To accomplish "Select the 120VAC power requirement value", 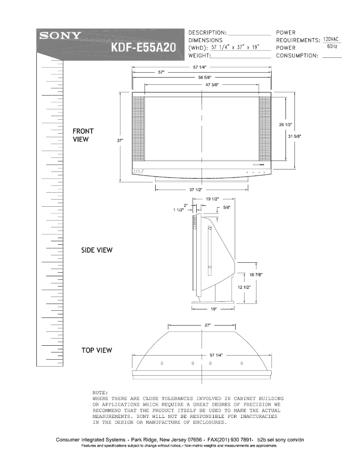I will (x=330, y=39).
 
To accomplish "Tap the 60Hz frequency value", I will (x=332, y=47).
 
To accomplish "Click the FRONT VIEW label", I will (x=83, y=135).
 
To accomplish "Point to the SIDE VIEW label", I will (x=97, y=250).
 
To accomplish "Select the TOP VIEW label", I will (x=97, y=350).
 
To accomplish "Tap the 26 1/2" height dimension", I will (x=286, y=125).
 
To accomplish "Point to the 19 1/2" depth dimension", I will (x=212, y=199).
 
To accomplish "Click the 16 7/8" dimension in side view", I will (x=256, y=274).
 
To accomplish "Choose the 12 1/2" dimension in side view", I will (x=244, y=287).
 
